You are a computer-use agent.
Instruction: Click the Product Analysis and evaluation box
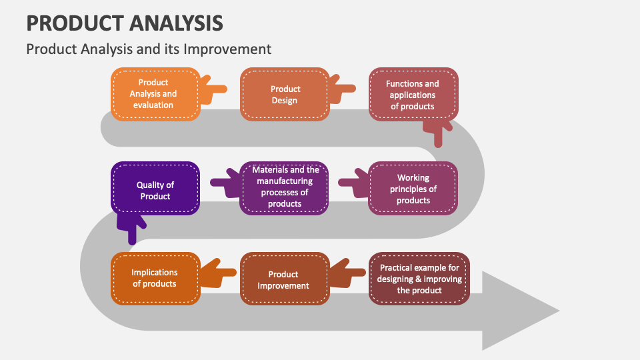coord(155,94)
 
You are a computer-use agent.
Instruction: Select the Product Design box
coord(285,94)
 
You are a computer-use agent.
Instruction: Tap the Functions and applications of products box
coord(413,94)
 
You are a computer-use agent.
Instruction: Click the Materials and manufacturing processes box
coord(285,187)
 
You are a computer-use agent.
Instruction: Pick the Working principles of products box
coord(413,189)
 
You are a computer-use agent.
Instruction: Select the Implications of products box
coord(155,279)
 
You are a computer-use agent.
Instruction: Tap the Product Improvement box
coord(285,279)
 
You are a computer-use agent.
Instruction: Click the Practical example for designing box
coord(419,279)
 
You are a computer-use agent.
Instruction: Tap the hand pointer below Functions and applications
coord(437,131)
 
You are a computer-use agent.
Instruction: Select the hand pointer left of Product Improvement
coord(218,273)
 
